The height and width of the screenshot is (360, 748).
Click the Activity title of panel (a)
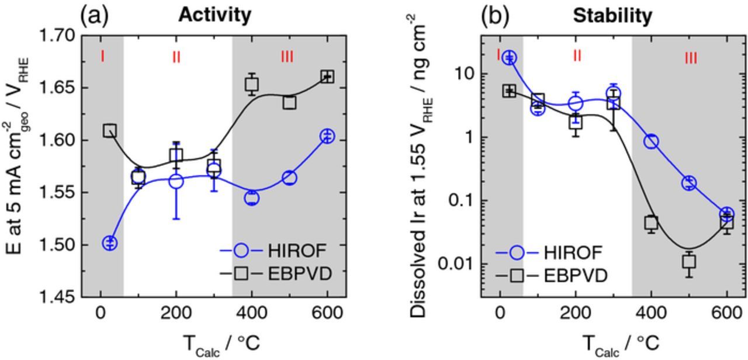(x=214, y=15)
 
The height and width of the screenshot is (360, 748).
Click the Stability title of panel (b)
(x=612, y=16)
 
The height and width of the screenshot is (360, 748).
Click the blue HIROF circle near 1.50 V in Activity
(x=110, y=243)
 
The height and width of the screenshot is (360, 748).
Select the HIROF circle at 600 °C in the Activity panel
(x=327, y=136)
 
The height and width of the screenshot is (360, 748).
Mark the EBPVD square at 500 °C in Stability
(x=689, y=261)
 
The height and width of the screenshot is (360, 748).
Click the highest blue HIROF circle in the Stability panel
(x=510, y=57)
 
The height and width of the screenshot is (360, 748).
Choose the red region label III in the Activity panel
(x=287, y=57)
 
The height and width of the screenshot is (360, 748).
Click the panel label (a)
(x=95, y=15)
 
